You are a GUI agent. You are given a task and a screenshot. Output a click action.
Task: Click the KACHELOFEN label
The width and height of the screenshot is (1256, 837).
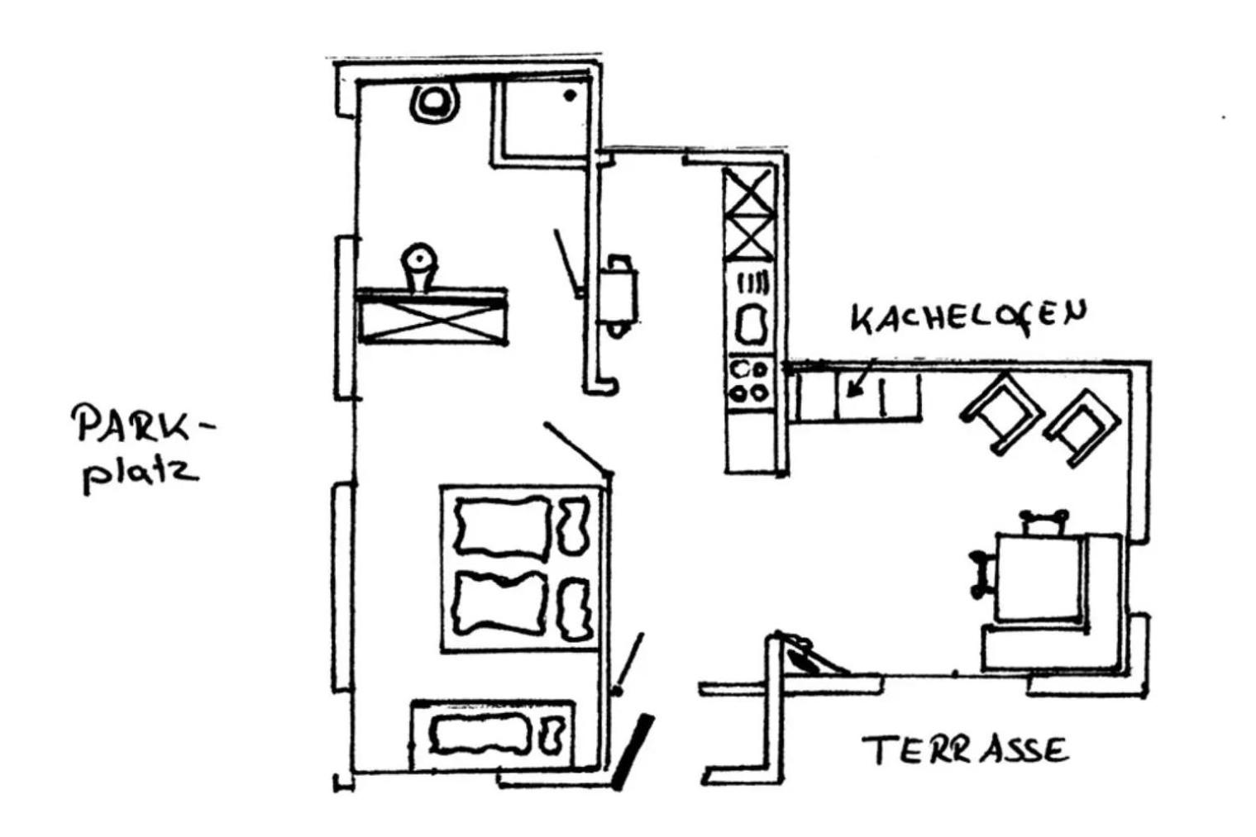coord(968,317)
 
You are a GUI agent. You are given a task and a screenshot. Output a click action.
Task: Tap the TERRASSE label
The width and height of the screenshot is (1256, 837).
coord(965,750)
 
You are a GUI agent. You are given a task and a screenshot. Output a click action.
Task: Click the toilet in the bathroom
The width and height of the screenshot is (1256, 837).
coord(434,103)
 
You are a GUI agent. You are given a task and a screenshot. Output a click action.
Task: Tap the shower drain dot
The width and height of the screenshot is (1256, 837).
coord(570,96)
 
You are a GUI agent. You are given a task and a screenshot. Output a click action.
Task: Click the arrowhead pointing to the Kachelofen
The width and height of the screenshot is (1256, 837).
coord(852,389)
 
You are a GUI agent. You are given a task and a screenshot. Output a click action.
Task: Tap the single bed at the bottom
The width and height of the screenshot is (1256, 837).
coord(493,735)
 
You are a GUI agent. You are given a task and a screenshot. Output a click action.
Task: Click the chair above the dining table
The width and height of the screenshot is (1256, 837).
coord(1043,523)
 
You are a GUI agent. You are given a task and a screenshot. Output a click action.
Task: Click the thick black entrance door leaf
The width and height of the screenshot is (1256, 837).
coord(633,752)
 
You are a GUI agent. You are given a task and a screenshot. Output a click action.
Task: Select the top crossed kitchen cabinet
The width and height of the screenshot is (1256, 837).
coord(750,192)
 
